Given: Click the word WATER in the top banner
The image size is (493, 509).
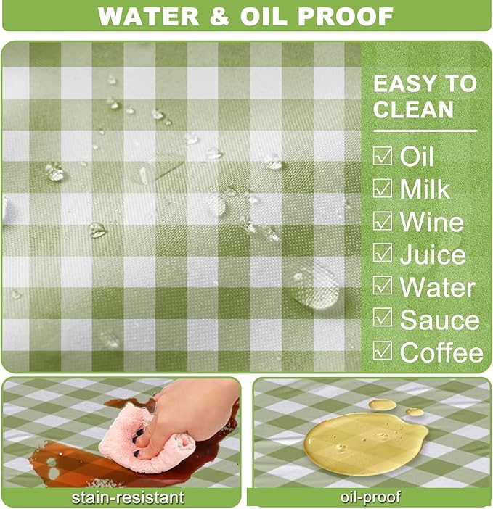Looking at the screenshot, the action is click(149, 16).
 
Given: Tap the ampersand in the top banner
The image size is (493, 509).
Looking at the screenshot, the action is click(220, 16).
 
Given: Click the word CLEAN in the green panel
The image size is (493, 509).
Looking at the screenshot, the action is click(413, 109).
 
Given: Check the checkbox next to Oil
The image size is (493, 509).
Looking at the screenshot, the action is click(382, 155).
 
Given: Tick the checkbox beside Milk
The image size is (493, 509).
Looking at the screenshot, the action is click(382, 188).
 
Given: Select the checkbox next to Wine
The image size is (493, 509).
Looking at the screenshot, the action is click(382, 220).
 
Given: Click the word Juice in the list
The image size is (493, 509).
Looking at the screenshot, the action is click(433, 255).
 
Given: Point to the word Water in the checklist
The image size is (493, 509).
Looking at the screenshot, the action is click(437, 286).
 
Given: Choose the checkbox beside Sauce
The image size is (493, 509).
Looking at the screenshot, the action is click(382, 317).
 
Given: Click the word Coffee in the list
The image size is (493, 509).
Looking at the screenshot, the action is click(441, 352).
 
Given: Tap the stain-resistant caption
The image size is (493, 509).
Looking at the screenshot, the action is click(128, 497).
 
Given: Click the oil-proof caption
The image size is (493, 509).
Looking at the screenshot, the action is click(370, 497).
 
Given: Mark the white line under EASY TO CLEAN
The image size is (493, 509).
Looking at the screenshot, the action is click(425, 131).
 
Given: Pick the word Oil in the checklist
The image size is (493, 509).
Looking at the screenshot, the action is click(417, 156).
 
